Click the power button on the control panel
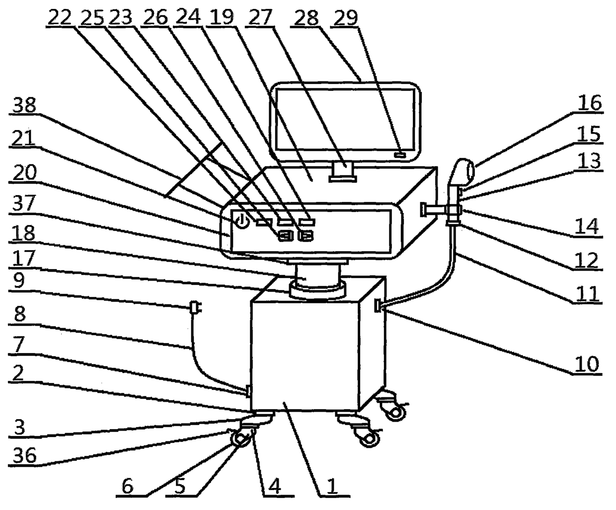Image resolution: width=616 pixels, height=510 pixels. pos(242,220)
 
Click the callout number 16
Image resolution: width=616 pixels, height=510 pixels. pos(590,104)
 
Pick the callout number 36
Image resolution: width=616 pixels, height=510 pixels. pos(25,455)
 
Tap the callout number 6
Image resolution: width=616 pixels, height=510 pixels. pos(128,487)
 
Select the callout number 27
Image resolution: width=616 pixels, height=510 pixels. pos(262,17)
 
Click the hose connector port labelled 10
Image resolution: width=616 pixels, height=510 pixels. pos(379,306)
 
